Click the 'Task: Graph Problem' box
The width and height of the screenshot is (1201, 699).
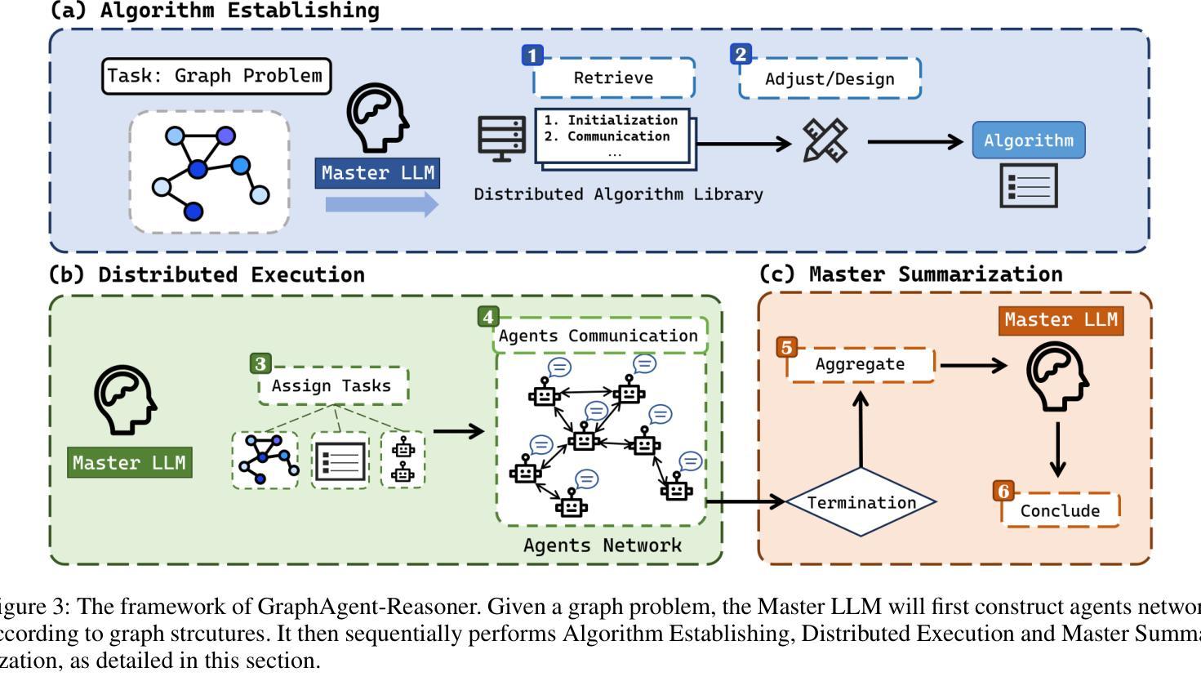coord(216,76)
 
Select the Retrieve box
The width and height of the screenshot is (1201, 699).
coord(613,78)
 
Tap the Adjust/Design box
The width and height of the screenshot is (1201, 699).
coord(830,79)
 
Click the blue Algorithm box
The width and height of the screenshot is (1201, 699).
coord(1028,140)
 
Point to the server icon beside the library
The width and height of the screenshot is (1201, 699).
coord(501,138)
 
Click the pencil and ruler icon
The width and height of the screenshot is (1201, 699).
coord(825,140)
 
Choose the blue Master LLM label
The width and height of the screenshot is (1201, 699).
coord(377,173)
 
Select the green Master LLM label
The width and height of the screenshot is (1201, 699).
coord(129,463)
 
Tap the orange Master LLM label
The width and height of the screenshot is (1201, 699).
coord(1061,320)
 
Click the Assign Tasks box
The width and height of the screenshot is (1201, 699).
coord(331,386)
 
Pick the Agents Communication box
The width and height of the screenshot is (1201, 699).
coord(598,336)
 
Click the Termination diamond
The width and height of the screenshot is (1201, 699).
coord(861,502)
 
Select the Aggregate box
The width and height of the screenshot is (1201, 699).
coord(860,364)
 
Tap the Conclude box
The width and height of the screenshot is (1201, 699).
coord(1060,511)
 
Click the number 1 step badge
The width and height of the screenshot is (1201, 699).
coord(532,56)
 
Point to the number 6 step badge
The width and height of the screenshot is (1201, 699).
coord(1003,491)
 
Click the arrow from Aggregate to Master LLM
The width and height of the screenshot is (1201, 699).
coord(973,365)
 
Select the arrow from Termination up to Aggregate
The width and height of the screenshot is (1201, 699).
coord(861,429)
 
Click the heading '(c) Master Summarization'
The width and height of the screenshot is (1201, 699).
coord(911,274)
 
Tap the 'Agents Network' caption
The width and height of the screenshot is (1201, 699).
coord(602,545)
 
